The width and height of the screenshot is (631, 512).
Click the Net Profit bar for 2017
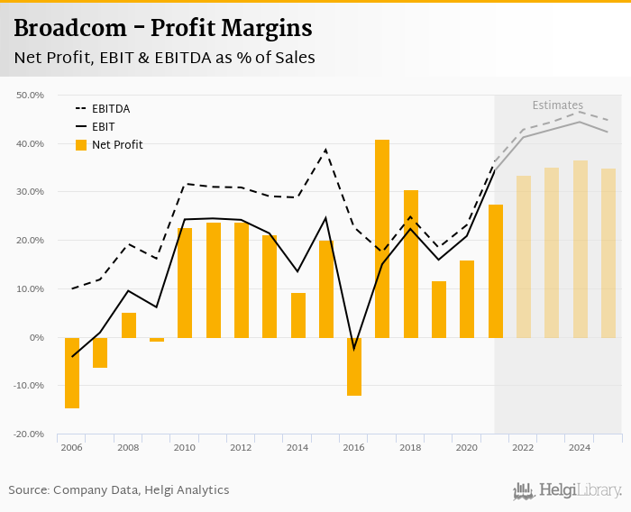click(x=382, y=238)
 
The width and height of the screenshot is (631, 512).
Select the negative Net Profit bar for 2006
click(x=72, y=372)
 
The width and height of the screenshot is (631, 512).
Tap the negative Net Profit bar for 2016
click(x=354, y=366)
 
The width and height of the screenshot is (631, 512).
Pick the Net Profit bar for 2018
click(x=411, y=263)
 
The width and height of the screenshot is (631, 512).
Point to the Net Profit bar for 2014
click(x=297, y=315)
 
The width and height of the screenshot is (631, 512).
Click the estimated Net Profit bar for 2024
click(x=581, y=249)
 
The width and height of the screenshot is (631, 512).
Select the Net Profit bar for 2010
click(x=185, y=282)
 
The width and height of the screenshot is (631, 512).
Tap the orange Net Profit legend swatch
click(x=81, y=145)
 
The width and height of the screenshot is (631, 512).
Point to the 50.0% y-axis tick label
click(x=31, y=95)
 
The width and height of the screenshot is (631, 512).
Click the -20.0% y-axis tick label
click(x=29, y=434)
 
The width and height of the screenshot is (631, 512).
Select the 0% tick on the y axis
click(x=36, y=337)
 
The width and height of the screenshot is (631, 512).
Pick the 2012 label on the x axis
click(x=241, y=447)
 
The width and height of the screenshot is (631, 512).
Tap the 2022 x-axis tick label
click(x=523, y=447)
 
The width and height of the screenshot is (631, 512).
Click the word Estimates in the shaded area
click(x=557, y=105)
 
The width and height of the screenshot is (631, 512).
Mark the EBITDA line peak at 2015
click(x=325, y=150)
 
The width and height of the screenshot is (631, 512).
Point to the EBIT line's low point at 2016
click(x=354, y=348)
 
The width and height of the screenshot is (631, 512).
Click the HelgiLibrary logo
click(x=568, y=490)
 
